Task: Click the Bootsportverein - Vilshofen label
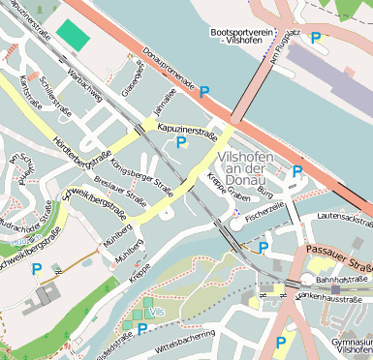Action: (236, 38)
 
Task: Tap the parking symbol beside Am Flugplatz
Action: (315, 38)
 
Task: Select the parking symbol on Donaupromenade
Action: (203, 93)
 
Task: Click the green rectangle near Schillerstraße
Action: (72, 34)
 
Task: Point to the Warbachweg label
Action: (85, 84)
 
